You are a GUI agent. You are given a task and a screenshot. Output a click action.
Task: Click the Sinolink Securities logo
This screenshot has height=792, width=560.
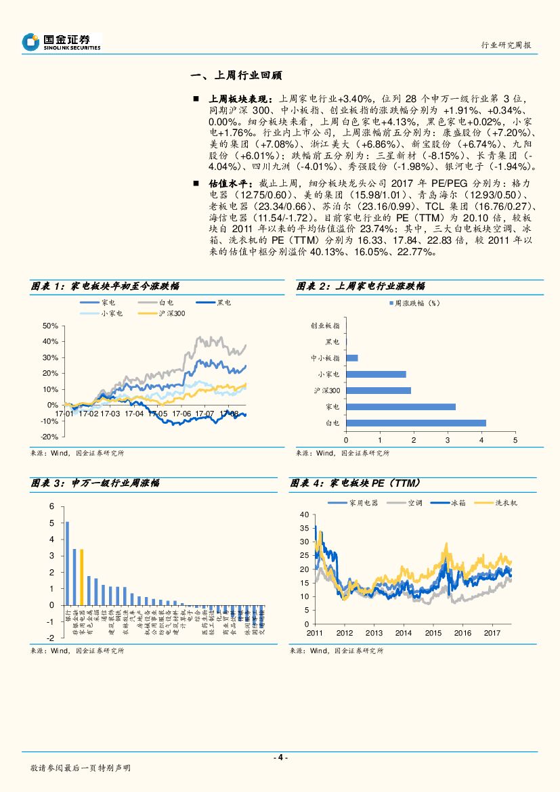pyautogui.click(x=61, y=42)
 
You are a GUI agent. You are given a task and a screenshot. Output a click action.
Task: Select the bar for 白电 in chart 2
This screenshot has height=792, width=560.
pyautogui.click(x=416, y=423)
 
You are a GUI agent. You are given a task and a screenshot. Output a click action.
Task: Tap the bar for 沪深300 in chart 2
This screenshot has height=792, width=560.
pyautogui.click(x=379, y=391)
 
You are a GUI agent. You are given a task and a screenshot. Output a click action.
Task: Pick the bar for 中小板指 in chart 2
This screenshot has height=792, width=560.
pyautogui.click(x=351, y=358)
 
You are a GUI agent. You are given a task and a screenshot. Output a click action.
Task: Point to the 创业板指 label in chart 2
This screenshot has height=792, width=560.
pyautogui.click(x=325, y=326)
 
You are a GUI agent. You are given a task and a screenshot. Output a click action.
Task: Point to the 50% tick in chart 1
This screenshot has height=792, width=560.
pyautogui.click(x=49, y=326)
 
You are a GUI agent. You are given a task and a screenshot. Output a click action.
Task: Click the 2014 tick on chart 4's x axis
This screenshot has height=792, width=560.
pyautogui.click(x=403, y=633)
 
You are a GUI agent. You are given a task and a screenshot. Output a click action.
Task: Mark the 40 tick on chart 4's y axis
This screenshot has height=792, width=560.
pyautogui.click(x=304, y=515)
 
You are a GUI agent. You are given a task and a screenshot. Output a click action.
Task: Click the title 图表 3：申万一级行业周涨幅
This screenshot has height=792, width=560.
pyautogui.click(x=95, y=483)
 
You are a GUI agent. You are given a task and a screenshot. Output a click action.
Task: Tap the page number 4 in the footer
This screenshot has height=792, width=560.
pyautogui.click(x=280, y=757)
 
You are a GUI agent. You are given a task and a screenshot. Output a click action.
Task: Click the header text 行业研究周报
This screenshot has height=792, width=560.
pyautogui.click(x=506, y=45)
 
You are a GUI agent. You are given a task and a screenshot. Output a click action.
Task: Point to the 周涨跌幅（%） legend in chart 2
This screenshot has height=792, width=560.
pyautogui.click(x=417, y=304)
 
